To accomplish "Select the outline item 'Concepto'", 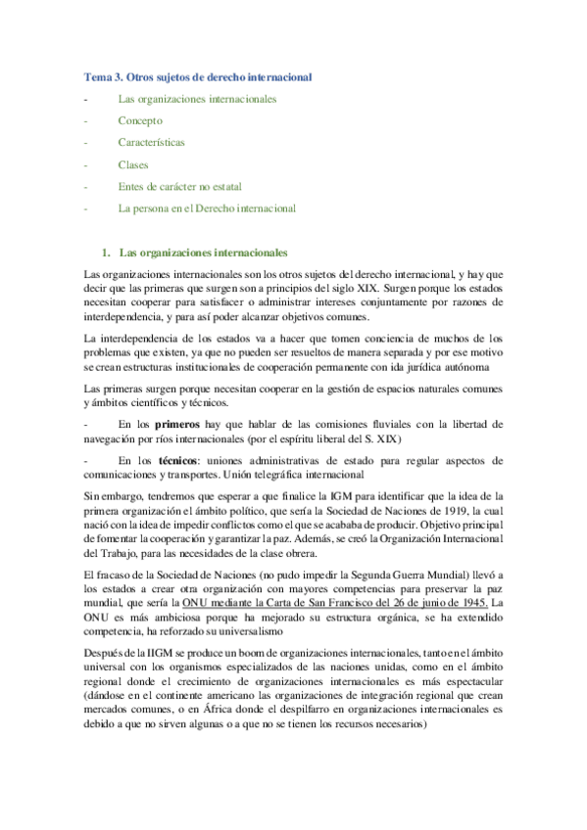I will coord(140,120).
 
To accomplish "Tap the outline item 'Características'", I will coord(151,142).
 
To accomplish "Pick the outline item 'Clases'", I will coord(133,164).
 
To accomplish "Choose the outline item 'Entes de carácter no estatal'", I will coord(179,186).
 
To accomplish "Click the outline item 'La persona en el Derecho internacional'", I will coord(207,207).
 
